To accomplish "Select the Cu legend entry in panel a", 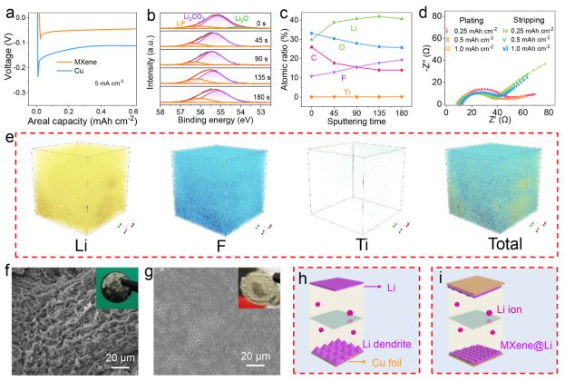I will pos(69,94).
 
